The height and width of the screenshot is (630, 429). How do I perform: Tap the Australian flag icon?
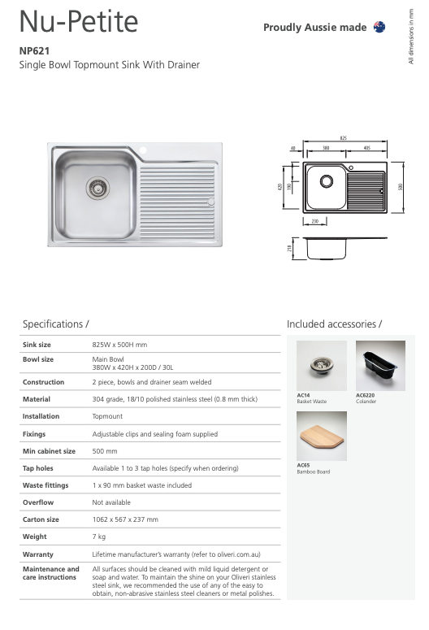379,27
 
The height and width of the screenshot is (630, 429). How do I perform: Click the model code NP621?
34,50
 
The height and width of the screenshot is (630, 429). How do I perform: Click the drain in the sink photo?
97,189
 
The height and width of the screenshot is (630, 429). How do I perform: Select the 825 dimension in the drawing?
344,138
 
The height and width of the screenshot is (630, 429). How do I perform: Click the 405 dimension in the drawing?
367,149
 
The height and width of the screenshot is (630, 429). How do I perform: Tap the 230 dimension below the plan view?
315,220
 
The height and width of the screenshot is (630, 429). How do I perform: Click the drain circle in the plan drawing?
326,180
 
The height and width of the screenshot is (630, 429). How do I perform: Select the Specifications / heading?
55,324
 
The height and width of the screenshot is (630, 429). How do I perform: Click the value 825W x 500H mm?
119,345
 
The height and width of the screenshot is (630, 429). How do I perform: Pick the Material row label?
37,399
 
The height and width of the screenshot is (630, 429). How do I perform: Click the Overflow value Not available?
111,502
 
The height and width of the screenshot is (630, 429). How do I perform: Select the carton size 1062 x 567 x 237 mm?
125,519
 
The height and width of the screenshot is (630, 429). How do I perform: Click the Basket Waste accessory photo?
321,366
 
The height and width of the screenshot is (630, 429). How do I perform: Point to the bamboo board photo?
321,436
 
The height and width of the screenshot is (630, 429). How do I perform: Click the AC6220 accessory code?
366,395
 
